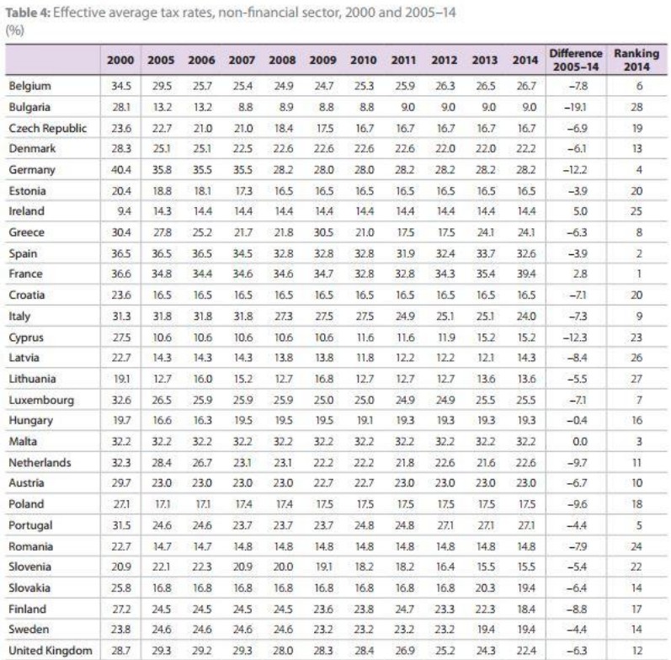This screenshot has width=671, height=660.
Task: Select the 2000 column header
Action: (x=120, y=61)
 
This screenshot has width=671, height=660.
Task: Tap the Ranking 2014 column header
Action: (x=636, y=61)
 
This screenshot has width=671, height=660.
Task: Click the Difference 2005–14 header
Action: (x=576, y=61)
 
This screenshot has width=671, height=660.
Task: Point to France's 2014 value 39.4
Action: (x=525, y=274)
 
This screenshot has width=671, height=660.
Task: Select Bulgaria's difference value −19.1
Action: (x=575, y=107)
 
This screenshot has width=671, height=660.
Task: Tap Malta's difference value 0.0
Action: (x=576, y=441)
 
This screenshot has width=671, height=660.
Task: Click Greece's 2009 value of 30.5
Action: (x=323, y=232)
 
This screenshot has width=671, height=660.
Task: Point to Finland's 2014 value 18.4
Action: (x=525, y=609)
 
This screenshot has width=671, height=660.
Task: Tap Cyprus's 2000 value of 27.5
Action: (x=120, y=337)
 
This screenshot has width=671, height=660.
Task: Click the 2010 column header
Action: (x=364, y=61)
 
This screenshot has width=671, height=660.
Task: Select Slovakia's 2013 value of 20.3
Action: (x=485, y=588)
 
